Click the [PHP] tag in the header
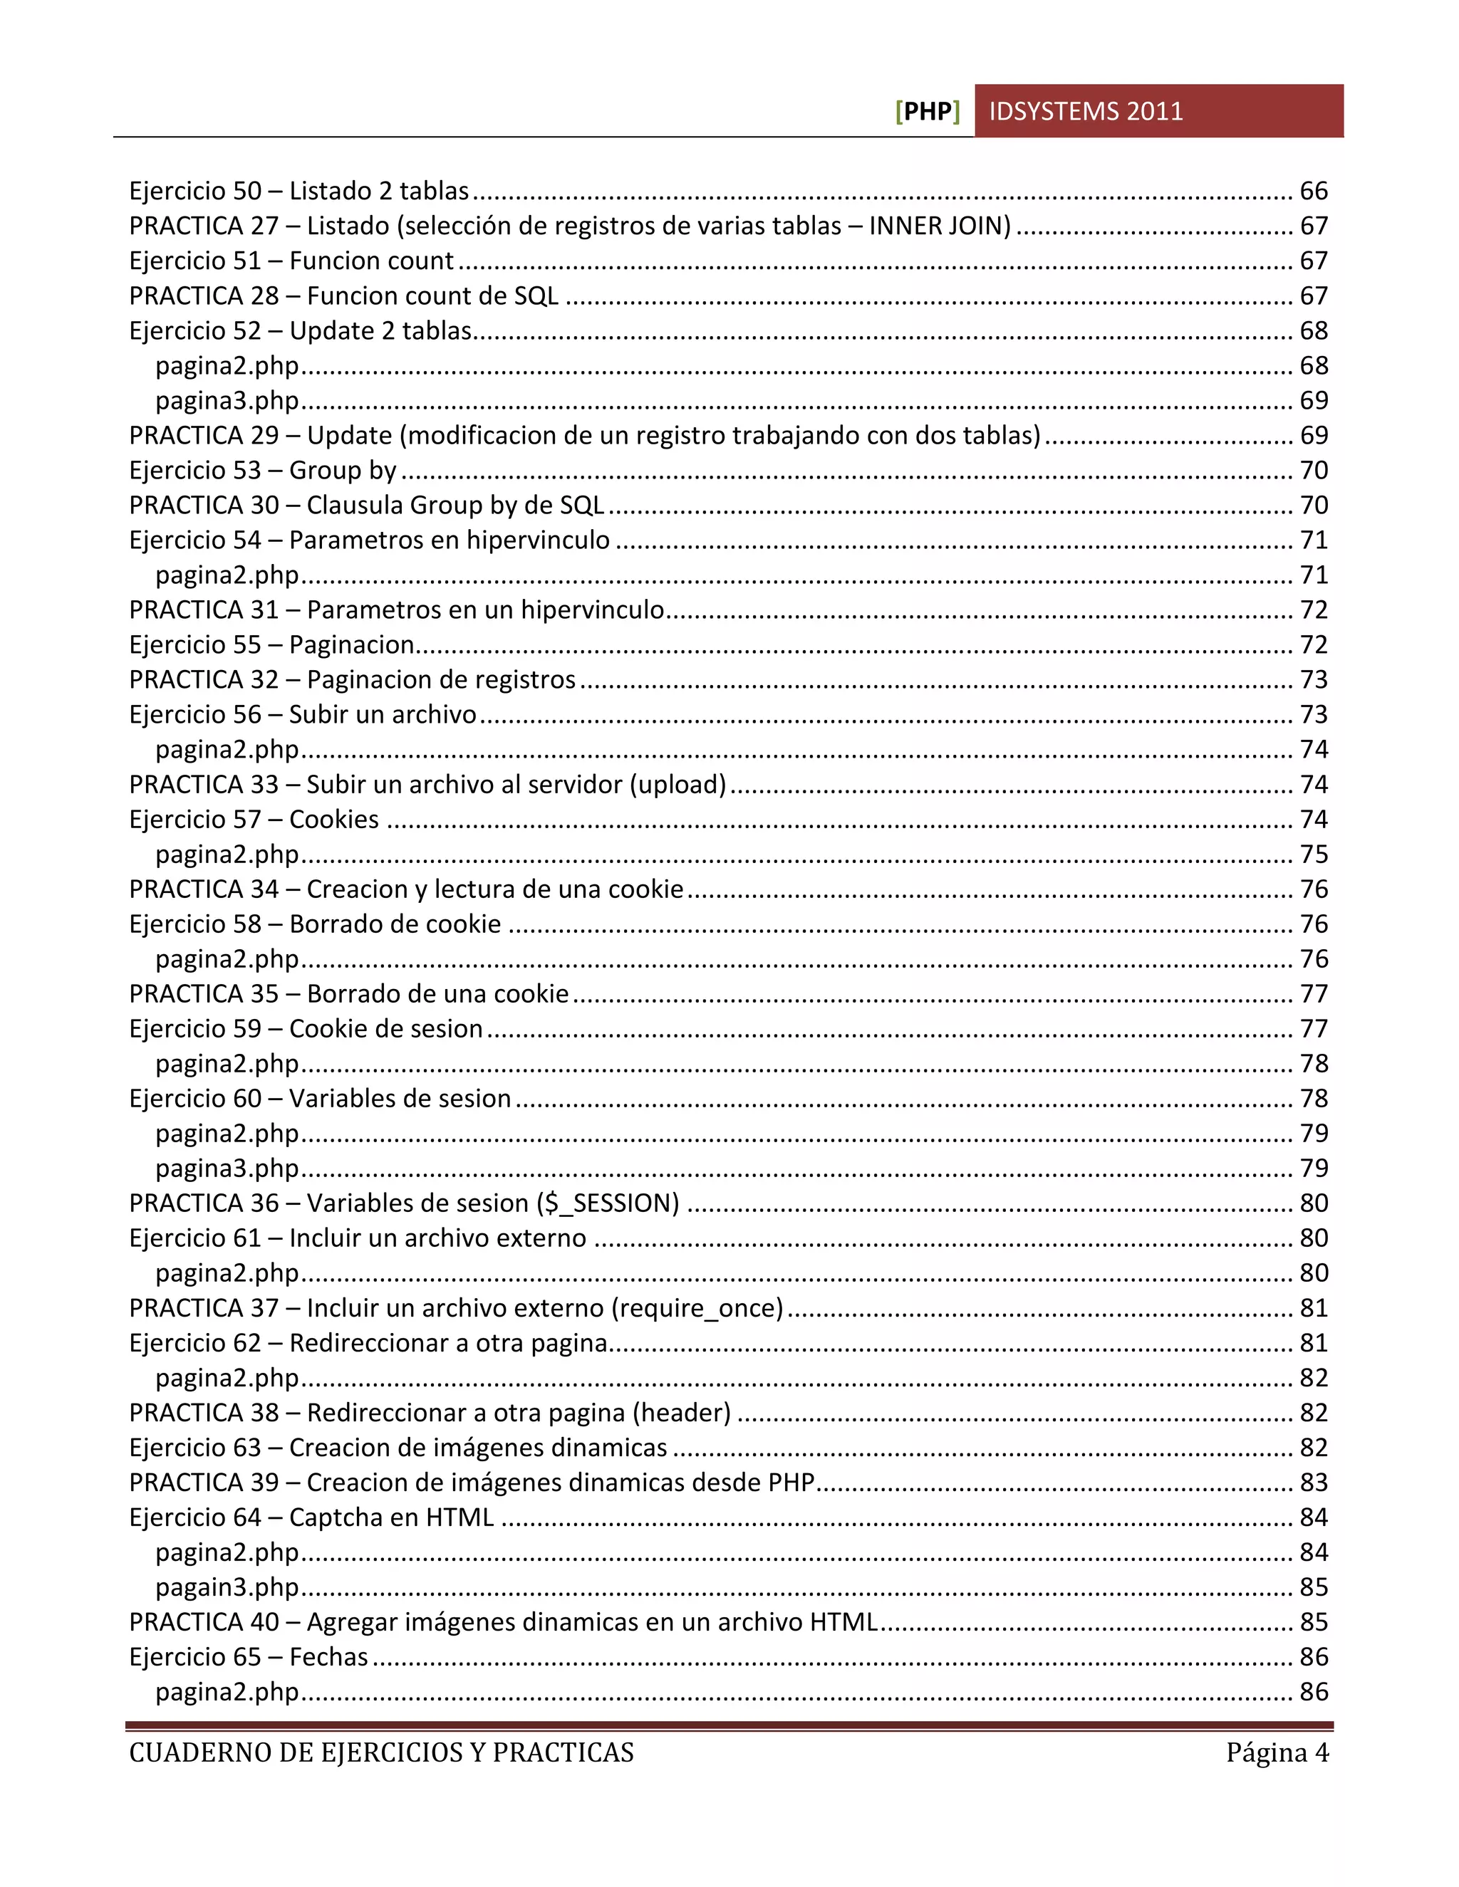pyautogui.click(x=928, y=112)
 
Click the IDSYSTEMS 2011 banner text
pyautogui.click(x=1086, y=112)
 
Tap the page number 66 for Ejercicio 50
pyautogui.click(x=1314, y=191)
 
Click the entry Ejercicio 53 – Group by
pyautogui.click(x=263, y=471)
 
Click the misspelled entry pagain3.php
pyautogui.click(x=227, y=1588)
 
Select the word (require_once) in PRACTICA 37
pyautogui.click(x=697, y=1308)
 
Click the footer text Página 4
pyautogui.click(x=1277, y=1753)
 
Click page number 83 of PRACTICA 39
pyautogui.click(x=1314, y=1483)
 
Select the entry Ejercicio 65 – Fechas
pyautogui.click(x=248, y=1657)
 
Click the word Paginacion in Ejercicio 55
pyautogui.click(x=352, y=645)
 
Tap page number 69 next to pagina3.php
pyautogui.click(x=1314, y=401)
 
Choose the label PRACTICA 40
pyautogui.click(x=204, y=1623)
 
